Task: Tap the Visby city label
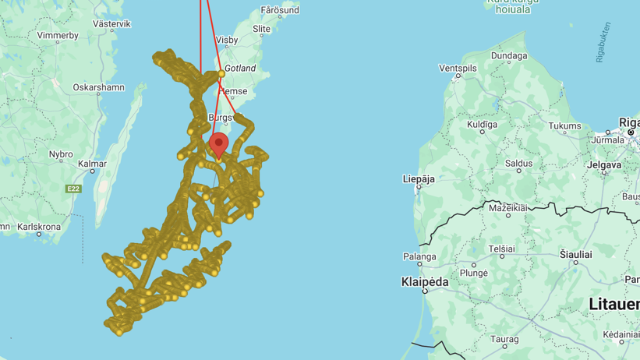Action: [226, 39]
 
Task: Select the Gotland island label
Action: [240, 69]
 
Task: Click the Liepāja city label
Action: [419, 178]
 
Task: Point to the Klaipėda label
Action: [425, 281]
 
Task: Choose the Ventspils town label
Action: [458, 68]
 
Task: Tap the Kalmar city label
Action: [92, 164]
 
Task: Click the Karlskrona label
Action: [39, 227]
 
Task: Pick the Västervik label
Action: [111, 24]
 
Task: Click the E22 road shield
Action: [73, 189]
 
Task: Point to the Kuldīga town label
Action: [482, 125]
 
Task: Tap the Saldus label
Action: [518, 163]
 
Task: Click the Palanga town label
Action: [419, 256]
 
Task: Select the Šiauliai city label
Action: [576, 255]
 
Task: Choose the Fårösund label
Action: [280, 11]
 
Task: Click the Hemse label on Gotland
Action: [233, 90]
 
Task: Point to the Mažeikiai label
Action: [507, 208]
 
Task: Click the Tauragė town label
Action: [505, 339]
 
